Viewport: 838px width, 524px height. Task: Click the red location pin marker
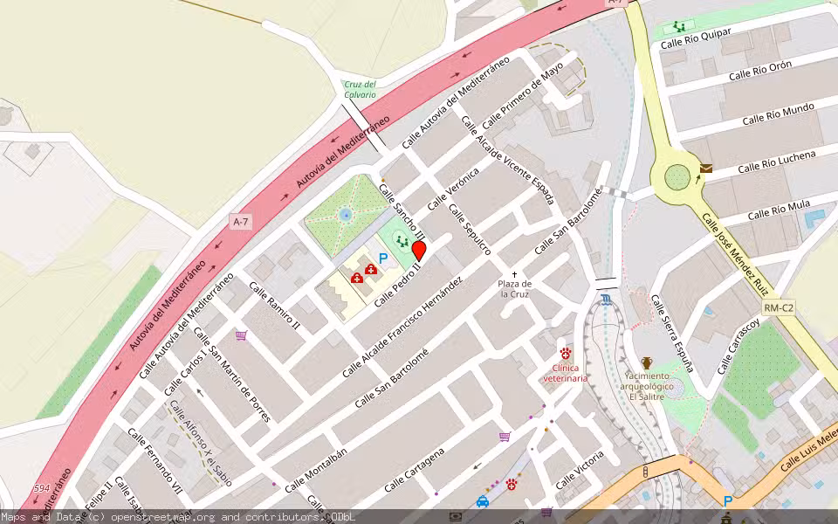coord(419,251)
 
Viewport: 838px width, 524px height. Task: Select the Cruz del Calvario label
coord(360,89)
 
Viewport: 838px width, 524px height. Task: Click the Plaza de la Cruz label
coord(515,289)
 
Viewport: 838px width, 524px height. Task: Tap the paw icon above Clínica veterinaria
coord(566,353)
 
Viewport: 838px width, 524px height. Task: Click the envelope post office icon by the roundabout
coord(705,169)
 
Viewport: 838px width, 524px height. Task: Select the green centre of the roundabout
coord(677,177)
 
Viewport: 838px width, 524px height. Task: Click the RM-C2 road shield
coord(777,307)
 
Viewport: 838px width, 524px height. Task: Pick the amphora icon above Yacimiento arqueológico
coord(647,362)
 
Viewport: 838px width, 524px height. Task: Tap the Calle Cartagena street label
coord(415,468)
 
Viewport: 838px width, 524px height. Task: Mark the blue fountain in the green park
coord(346,212)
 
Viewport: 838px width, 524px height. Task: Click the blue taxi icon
coord(482,502)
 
